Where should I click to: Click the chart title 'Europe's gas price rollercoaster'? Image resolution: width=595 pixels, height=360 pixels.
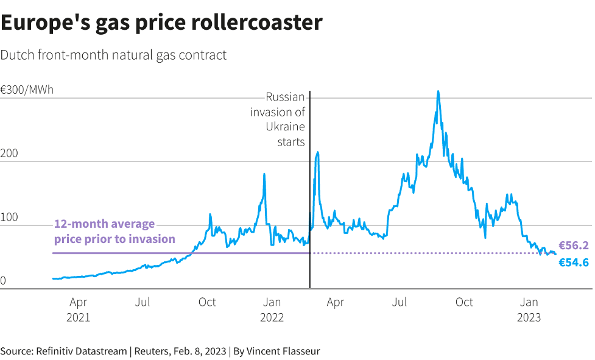161,23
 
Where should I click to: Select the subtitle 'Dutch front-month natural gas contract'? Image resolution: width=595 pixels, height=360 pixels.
113,55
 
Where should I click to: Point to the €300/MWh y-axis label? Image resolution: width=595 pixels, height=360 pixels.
27,90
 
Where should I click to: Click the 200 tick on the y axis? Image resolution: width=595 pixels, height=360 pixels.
9,154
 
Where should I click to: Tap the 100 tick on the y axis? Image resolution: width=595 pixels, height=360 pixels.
9,217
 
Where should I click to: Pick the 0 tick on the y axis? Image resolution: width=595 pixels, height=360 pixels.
3,281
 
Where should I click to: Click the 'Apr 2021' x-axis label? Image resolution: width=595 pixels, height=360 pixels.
78,309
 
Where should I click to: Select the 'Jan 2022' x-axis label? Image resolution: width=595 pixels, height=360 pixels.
272,309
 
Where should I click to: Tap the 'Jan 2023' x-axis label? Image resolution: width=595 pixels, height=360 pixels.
529,309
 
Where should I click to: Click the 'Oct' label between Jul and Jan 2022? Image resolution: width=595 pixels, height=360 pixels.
207,302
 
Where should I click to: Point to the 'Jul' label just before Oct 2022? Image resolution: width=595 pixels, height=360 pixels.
400,302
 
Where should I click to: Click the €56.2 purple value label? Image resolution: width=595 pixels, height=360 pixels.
574,245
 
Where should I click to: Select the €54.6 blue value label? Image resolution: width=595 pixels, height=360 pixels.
574,263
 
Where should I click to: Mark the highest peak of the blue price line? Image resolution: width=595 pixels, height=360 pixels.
438,91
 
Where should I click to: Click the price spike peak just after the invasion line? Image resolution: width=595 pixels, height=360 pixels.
317,152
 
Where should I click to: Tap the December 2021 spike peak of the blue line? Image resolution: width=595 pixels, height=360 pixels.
264,174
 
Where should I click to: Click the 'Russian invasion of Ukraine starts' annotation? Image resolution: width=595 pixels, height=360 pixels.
278,119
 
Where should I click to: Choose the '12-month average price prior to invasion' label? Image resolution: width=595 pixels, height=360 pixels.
114,231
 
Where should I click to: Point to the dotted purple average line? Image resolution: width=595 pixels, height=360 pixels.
426,253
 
